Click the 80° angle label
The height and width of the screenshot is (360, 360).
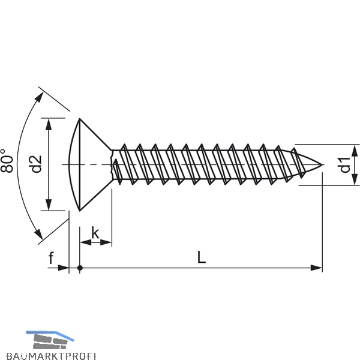[x=7, y=161]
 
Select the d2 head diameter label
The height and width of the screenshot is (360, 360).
[x=36, y=164]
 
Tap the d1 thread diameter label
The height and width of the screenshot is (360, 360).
[x=345, y=165]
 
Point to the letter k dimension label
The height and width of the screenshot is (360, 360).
[x=95, y=233]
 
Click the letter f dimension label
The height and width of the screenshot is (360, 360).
[x=51, y=258]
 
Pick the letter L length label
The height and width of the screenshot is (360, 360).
[x=202, y=257]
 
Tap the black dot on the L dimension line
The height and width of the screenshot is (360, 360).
[x=80, y=268]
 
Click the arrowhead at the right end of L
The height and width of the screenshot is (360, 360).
[x=316, y=268]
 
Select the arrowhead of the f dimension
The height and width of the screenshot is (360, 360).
[x=64, y=268]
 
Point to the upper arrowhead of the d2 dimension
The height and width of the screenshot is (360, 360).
[x=49, y=124]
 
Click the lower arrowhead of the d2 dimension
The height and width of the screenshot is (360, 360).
[x=49, y=205]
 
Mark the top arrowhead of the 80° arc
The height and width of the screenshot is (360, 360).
[x=39, y=97]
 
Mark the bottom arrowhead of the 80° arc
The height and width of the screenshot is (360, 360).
[x=38, y=234]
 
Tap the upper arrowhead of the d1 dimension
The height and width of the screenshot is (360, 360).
[x=355, y=151]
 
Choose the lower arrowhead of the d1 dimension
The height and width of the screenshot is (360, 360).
[x=355, y=179]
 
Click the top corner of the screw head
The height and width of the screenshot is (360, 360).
[x=79, y=119]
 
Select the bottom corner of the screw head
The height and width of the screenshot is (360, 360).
[x=79, y=211]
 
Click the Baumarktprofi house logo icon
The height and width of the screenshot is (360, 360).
[x=50, y=340]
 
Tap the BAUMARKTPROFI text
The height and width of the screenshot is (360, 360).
[x=51, y=356]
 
